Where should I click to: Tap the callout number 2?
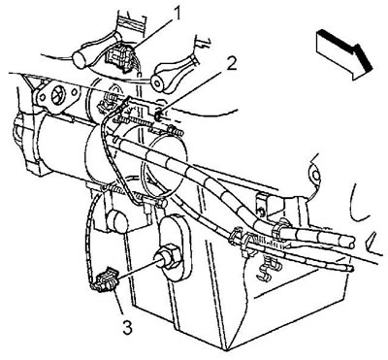click(232, 65)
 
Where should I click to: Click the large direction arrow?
click(344, 54)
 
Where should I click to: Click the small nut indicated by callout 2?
click(158, 115)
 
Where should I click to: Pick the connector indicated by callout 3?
click(104, 279)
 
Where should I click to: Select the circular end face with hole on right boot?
click(160, 82)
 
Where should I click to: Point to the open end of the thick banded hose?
click(349, 242)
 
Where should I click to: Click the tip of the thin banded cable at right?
click(350, 268)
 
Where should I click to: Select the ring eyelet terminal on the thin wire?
click(314, 174)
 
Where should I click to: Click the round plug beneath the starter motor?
click(117, 220)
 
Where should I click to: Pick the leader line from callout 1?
click(149, 33)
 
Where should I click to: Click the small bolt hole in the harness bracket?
click(259, 211)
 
